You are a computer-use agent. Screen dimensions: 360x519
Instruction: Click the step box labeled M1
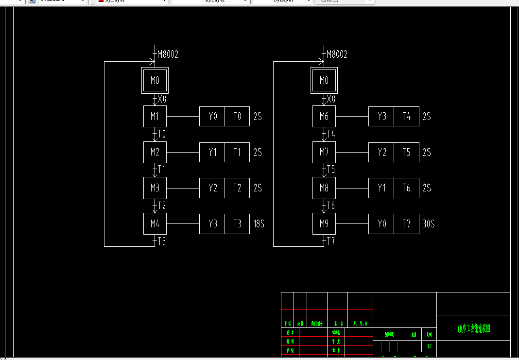tap(155, 117)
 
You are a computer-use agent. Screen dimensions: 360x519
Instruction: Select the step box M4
tap(155, 224)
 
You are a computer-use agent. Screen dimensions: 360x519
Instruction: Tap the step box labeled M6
tap(324, 117)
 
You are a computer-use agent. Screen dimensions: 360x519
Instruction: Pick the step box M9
tap(324, 224)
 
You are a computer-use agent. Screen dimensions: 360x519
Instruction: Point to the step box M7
tap(324, 153)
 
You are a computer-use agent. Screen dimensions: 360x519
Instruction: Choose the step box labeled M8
tap(324, 188)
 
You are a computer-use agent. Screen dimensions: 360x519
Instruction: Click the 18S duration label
tap(259, 224)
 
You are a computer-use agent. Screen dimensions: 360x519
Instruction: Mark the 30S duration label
tap(428, 224)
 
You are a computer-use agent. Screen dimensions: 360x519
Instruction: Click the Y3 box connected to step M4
tap(212, 224)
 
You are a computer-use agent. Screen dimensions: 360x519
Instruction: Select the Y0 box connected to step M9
tap(381, 224)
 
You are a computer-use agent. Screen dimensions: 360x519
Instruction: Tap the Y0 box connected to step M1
tap(212, 117)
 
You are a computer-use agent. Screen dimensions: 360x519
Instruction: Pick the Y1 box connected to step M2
tap(212, 153)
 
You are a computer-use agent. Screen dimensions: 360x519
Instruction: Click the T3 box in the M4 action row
tap(237, 224)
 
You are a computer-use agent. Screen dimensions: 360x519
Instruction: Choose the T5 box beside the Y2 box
tap(406, 153)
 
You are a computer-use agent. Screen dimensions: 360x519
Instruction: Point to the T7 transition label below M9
tap(331, 241)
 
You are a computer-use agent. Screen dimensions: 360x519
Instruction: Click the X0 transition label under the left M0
tap(162, 99)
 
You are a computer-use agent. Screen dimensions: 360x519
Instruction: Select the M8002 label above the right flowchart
tap(337, 54)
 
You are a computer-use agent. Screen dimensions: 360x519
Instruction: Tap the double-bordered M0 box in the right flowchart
tap(324, 81)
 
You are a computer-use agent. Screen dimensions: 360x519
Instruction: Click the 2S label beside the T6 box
tap(427, 188)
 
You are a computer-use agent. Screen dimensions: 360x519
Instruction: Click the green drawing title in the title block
tap(474, 329)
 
